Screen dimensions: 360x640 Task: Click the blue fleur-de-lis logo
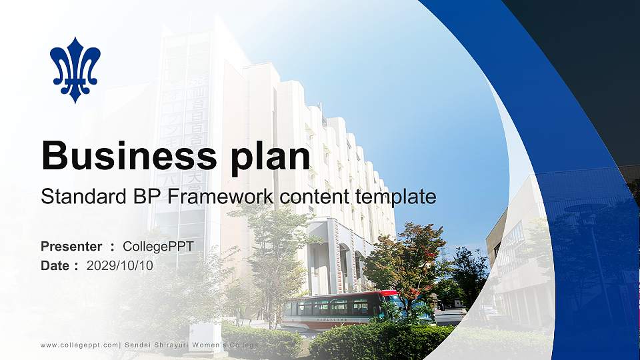click(75, 69)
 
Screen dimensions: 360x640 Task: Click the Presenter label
click(71, 247)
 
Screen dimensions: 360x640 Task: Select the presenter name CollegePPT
click(158, 247)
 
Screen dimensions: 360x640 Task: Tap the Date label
click(55, 265)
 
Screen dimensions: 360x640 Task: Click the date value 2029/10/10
click(120, 265)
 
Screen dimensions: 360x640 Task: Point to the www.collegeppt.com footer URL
click(79, 344)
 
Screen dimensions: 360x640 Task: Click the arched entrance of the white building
click(344, 267)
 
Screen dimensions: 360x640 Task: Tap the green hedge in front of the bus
click(373, 340)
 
